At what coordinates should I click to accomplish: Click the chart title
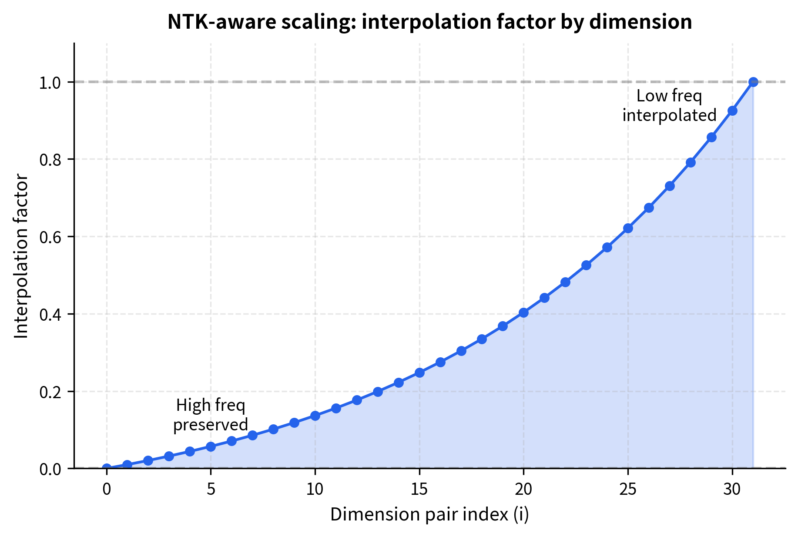point(429,22)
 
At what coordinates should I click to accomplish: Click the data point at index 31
point(753,82)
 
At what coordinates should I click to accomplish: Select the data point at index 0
point(107,468)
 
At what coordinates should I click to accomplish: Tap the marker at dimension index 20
point(523,312)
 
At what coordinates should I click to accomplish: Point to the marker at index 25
point(628,228)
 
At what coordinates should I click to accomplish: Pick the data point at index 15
point(419,373)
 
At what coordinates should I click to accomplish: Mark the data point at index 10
point(315,416)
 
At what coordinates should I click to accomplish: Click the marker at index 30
point(732,111)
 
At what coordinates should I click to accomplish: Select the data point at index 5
point(211,446)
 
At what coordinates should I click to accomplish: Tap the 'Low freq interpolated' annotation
point(669,105)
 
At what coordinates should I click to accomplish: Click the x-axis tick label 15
point(419,490)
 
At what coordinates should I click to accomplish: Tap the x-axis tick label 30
point(732,490)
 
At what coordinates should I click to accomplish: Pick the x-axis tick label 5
point(211,490)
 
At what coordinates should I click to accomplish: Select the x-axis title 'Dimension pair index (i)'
point(429,514)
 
